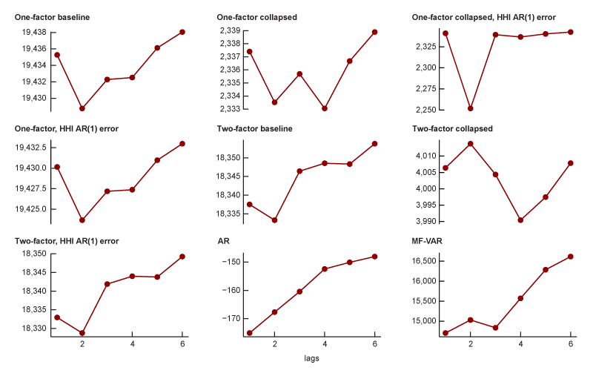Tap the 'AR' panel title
point(223,241)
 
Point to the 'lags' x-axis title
point(312,358)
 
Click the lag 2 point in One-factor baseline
point(82,108)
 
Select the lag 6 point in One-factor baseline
point(182,32)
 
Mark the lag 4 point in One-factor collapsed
point(325,108)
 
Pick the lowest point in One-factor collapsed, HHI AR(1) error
point(470,108)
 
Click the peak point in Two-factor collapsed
point(470,144)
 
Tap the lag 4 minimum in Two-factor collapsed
point(520,220)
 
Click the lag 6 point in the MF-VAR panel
point(571,257)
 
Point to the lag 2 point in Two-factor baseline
point(274,220)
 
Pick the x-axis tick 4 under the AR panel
point(325,345)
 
